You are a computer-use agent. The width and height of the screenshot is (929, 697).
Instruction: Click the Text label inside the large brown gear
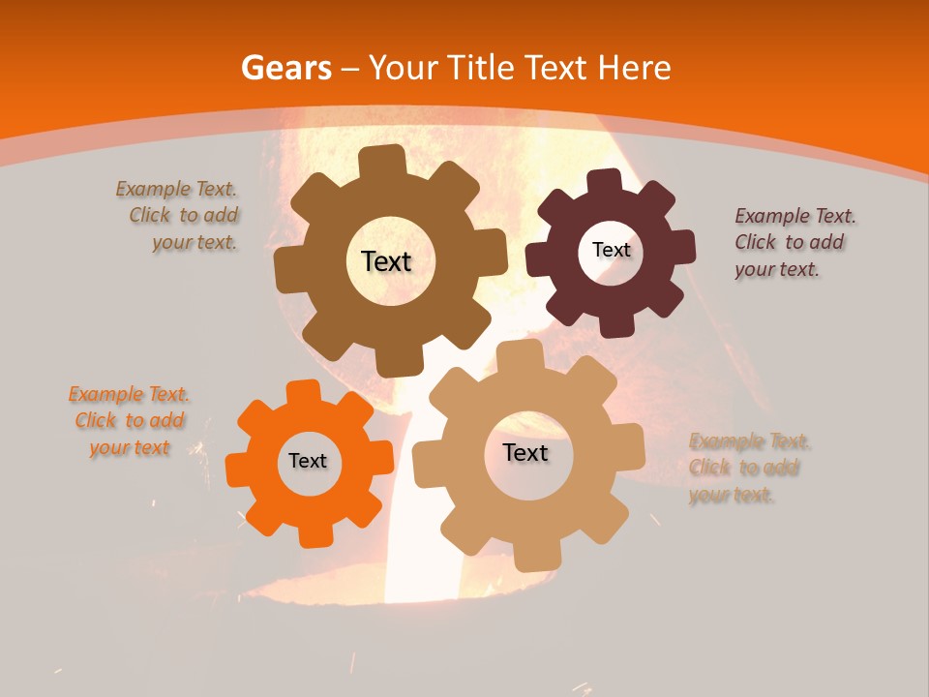pyautogui.click(x=386, y=261)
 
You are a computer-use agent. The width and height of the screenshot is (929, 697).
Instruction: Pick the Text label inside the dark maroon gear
pyautogui.click(x=611, y=250)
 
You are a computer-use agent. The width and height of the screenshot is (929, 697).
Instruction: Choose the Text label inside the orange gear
pyautogui.click(x=308, y=461)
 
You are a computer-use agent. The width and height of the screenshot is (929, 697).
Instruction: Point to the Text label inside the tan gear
pyautogui.click(x=525, y=452)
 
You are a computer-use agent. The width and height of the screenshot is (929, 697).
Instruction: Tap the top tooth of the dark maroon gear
pyautogui.click(x=604, y=180)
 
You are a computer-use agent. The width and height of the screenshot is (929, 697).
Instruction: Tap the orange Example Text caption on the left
pyautogui.click(x=130, y=420)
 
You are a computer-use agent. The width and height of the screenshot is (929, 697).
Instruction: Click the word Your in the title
pyautogui.click(x=405, y=68)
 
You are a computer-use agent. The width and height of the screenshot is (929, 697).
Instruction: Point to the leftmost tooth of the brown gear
pyautogui.click(x=286, y=268)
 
